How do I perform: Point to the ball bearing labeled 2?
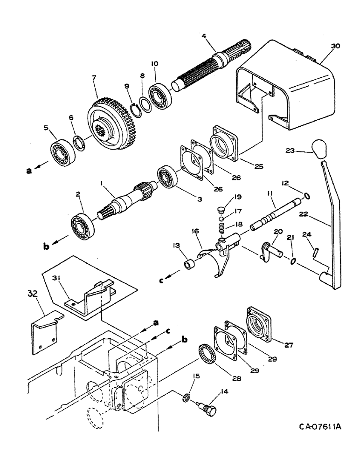(84, 224)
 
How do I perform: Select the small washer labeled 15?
(186, 397)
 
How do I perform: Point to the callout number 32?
(32, 295)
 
